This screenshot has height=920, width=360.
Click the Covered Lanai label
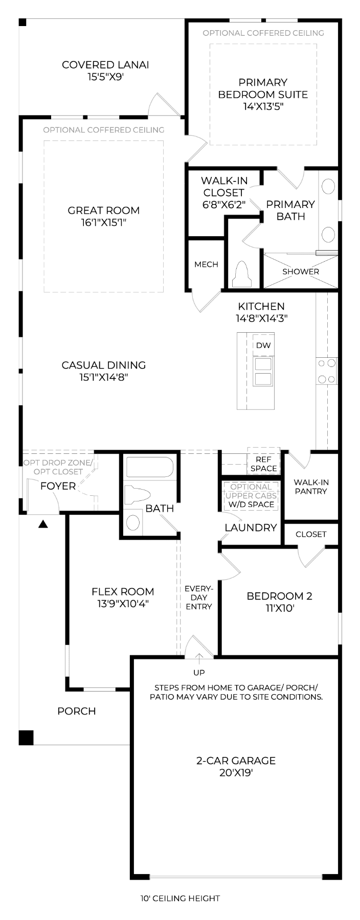pyautogui.click(x=105, y=65)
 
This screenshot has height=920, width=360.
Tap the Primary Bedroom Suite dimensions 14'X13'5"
pyautogui.click(x=263, y=107)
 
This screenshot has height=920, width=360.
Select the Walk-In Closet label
pyautogui.click(x=224, y=187)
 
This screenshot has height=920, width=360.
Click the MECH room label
pyautogui.click(x=206, y=264)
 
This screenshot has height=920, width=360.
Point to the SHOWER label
pyautogui.click(x=301, y=271)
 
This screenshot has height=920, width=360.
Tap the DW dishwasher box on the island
pyautogui.click(x=263, y=346)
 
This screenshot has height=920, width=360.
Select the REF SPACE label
pyautogui.click(x=263, y=464)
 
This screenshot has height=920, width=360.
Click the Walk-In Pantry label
pyautogui.click(x=311, y=487)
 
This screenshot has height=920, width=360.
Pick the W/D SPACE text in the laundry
pyautogui.click(x=251, y=504)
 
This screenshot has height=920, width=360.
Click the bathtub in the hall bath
pyautogui.click(x=150, y=467)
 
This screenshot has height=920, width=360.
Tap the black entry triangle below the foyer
pyautogui.click(x=43, y=524)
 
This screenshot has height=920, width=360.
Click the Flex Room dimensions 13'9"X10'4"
pyautogui.click(x=123, y=604)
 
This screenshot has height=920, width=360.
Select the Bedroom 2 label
pyautogui.click(x=279, y=596)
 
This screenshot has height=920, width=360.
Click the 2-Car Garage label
pyautogui.click(x=236, y=761)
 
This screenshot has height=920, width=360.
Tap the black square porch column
pyautogui.click(x=26, y=738)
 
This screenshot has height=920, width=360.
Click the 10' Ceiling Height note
pyautogui.click(x=180, y=898)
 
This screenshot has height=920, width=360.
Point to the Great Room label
pyautogui.click(x=104, y=210)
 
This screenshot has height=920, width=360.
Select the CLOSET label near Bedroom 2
pyautogui.click(x=311, y=534)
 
